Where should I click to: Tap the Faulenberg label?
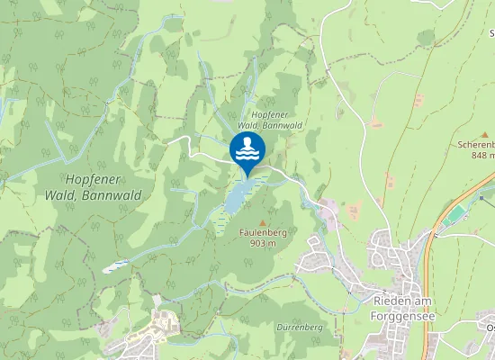pyautogui.click(x=263, y=232)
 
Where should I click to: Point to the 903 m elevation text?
pyautogui.click(x=263, y=243)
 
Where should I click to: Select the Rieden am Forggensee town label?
pyautogui.click(x=402, y=308)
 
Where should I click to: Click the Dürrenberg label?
pyautogui.click(x=300, y=327)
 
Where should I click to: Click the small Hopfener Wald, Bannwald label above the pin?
pyautogui.click(x=276, y=121)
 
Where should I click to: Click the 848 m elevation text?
pyautogui.click(x=482, y=154)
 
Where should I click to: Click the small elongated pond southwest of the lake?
pyautogui.click(x=115, y=265)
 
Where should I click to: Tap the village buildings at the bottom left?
pyautogui.click(x=148, y=329)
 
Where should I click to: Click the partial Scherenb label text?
pyautogui.click(x=477, y=143)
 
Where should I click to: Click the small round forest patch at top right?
pyautogui.click(x=426, y=38)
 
